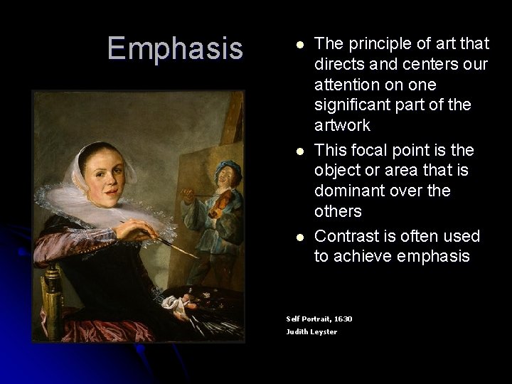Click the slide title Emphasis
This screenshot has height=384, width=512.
(175, 48)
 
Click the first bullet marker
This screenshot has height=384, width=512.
(300, 45)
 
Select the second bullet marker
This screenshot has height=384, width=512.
(300, 151)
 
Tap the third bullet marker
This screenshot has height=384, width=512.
(300, 237)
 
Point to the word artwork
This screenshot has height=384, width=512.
(342, 126)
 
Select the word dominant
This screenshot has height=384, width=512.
(348, 191)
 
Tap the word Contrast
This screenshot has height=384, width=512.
(347, 235)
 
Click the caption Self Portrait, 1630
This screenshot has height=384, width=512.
(319, 319)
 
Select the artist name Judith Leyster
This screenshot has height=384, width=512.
(311, 332)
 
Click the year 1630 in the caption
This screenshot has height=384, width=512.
(343, 319)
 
